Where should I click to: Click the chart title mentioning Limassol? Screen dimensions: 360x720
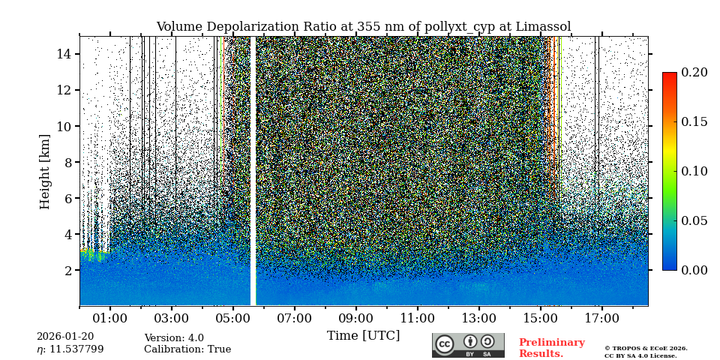point(363,27)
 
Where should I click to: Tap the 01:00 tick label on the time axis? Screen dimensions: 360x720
point(110,319)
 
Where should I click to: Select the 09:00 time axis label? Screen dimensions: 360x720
point(355,319)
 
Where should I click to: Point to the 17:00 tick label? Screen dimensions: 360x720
point(601,319)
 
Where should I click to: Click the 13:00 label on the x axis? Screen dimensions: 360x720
point(478,319)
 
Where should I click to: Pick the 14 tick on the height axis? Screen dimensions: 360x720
point(64,54)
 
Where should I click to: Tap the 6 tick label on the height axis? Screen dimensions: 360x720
point(67,198)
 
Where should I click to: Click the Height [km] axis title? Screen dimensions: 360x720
point(45,172)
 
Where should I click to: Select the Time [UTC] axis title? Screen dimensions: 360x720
point(363,336)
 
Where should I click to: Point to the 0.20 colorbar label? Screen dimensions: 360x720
point(694,73)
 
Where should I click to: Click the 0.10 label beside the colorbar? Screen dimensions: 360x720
point(694,171)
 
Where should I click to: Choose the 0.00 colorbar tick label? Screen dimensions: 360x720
point(694,270)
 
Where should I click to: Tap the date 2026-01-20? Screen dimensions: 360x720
point(65,337)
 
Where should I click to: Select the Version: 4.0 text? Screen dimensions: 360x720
point(174,338)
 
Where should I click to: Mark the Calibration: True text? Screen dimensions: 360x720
point(187,349)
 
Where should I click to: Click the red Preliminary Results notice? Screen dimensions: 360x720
point(551,348)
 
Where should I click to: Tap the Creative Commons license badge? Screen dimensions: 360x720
point(468,345)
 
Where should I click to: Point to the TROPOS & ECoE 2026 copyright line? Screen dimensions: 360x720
point(646,349)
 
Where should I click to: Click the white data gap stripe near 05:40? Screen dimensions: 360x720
point(253,171)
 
